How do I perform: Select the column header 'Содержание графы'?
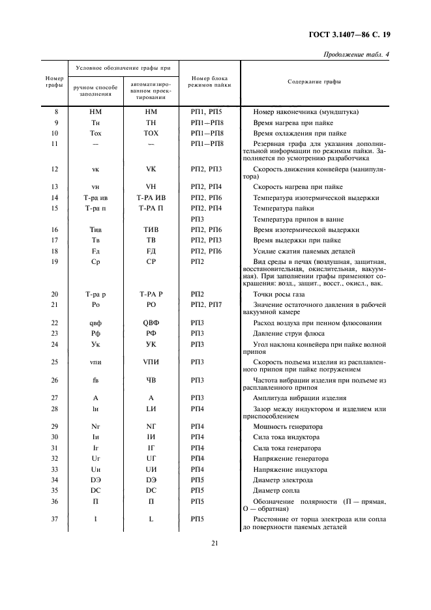[314, 82]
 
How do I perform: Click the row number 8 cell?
[57, 112]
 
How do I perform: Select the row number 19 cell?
[57, 261]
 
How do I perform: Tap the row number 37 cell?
[57, 519]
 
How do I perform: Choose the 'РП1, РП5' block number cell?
[207, 112]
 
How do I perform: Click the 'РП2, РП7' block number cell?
[207, 305]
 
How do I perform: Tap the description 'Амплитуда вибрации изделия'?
[299, 398]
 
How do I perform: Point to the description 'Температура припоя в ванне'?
[298, 219]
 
